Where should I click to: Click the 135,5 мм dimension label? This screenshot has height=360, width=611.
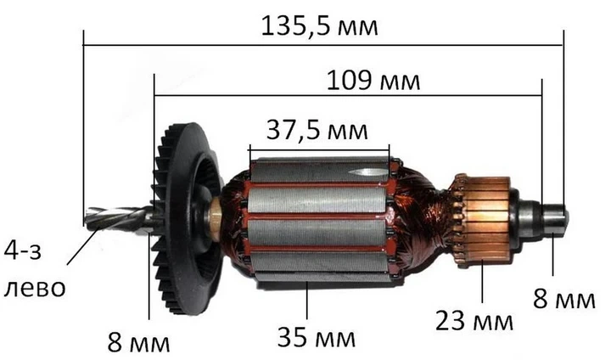[319, 26]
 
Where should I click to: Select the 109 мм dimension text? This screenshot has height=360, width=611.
[373, 81]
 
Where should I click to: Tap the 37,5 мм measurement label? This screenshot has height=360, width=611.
[317, 130]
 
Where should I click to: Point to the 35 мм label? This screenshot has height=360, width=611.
[316, 337]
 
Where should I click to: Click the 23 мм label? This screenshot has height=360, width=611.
[474, 321]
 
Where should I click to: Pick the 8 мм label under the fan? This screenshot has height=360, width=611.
[138, 343]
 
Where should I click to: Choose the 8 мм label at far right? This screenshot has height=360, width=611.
[563, 300]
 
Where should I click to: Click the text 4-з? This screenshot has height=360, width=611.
[23, 250]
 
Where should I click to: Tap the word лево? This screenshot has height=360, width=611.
[35, 288]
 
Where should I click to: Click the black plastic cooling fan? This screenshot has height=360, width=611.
[187, 218]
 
